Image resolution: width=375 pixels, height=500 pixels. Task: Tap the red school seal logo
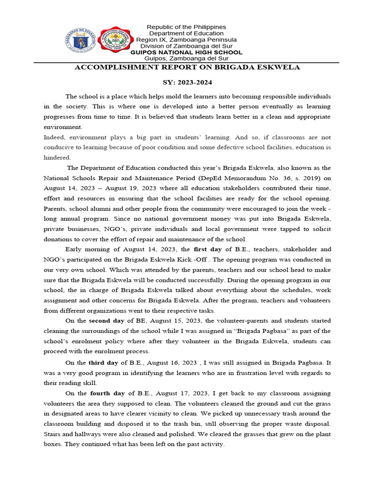click(x=115, y=42)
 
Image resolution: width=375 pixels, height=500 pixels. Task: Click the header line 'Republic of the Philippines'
click(x=187, y=26)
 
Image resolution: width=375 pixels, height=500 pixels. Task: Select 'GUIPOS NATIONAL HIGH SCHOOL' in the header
click(x=186, y=52)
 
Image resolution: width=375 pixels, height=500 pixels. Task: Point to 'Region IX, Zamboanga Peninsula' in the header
click(x=187, y=40)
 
